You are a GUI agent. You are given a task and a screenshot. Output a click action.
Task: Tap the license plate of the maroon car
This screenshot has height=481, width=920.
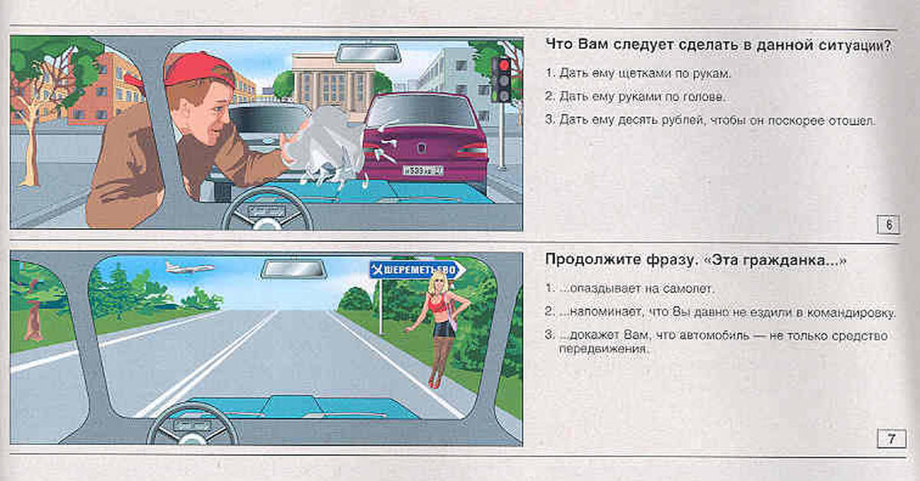click(x=422, y=170)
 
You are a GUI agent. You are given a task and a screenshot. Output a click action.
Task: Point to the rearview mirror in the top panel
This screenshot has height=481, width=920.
click(x=369, y=54)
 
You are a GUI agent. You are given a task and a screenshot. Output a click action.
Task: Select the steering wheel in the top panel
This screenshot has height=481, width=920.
click(x=267, y=210)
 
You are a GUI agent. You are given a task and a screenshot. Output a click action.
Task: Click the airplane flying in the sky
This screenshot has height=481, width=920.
click(x=190, y=267)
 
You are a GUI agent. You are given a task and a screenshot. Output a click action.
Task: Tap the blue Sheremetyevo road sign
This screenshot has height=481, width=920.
click(x=417, y=270)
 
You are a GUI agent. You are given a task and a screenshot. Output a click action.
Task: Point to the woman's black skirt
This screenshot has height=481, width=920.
click(x=445, y=329)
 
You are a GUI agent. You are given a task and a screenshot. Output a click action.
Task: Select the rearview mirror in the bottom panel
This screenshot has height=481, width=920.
click(x=294, y=270)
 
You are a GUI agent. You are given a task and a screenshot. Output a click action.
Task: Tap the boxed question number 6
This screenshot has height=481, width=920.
click(x=888, y=225)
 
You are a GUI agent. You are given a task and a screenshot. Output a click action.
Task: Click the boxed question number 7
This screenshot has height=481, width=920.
click(x=891, y=439)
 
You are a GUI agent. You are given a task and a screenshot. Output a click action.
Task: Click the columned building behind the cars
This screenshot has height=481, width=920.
click(x=333, y=82)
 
